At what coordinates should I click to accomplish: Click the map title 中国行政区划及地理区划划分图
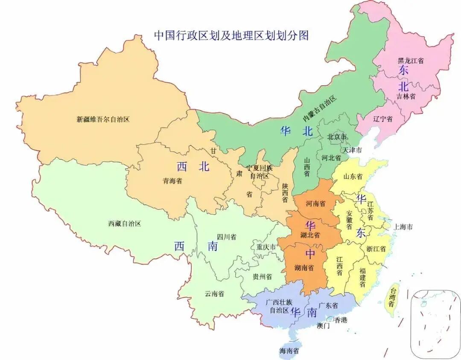pyautogui.click(x=231, y=35)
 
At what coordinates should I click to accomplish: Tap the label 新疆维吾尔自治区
pyautogui.click(x=103, y=119)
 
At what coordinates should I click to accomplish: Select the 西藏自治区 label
pyautogui.click(x=124, y=223)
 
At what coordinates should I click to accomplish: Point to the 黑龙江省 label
pyautogui.click(x=411, y=61)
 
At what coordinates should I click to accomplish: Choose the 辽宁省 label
pyautogui.click(x=382, y=119)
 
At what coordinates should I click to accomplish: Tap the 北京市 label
pyautogui.click(x=337, y=137)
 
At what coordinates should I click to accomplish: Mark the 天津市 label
pyautogui.click(x=352, y=150)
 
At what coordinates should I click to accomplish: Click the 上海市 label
pyautogui.click(x=403, y=227)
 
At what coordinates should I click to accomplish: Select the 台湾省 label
pyautogui.click(x=390, y=297)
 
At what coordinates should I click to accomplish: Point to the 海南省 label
pyautogui.click(x=289, y=351)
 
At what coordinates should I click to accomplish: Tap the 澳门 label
pyautogui.click(x=323, y=326)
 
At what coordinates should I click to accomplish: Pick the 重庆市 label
pyautogui.click(x=266, y=247)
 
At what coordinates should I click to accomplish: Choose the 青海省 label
pyautogui.click(x=172, y=180)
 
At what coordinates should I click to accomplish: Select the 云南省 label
pyautogui.click(x=214, y=293)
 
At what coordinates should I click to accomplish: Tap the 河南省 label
pyautogui.click(x=315, y=203)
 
